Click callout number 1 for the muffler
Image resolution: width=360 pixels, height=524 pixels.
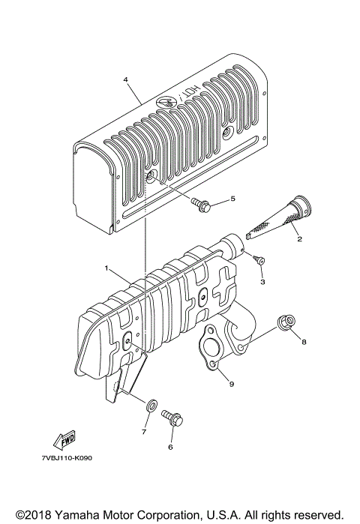pos(106,268)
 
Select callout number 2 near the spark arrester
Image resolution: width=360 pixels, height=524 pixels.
pos(298,240)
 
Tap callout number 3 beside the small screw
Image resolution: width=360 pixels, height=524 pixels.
pos(262,283)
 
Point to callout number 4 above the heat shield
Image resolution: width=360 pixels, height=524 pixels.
pos(125,80)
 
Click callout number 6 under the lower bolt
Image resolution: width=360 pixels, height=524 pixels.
pos(170,448)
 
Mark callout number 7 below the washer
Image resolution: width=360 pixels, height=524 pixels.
pos(144,433)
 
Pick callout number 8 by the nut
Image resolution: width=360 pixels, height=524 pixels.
pos(304,343)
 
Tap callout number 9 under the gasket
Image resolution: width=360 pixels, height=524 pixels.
pos(232,384)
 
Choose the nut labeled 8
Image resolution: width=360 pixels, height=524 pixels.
pos(285,322)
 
